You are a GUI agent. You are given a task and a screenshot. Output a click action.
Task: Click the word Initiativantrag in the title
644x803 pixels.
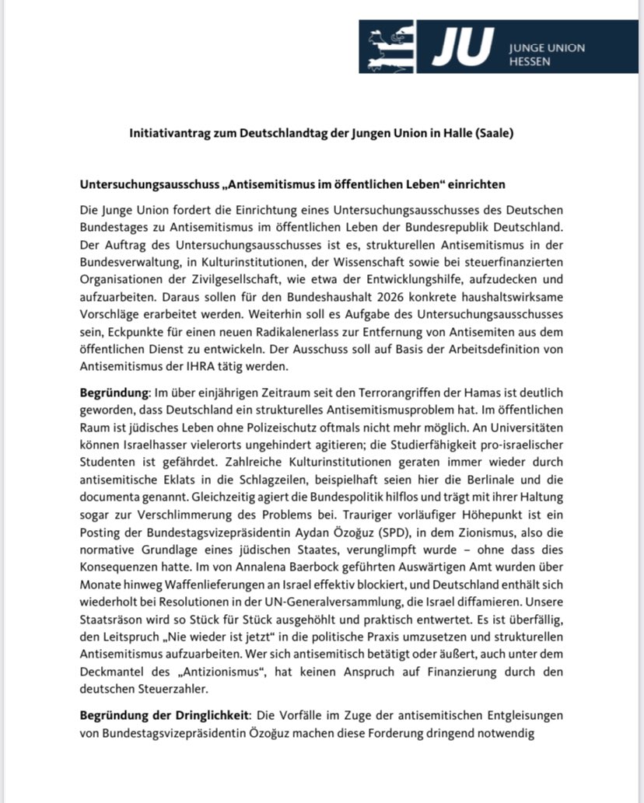click(x=168, y=133)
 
